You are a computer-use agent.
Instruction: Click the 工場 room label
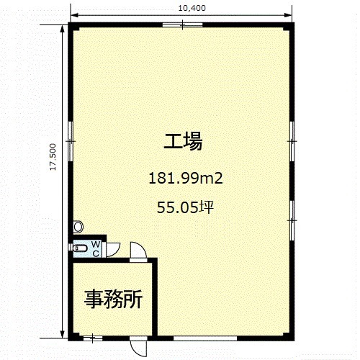point(183,141)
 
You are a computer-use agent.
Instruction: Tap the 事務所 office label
point(114,299)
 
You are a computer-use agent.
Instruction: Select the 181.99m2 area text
point(186,179)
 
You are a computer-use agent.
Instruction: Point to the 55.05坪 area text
point(185,207)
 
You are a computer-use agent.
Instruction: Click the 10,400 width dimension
point(192,8)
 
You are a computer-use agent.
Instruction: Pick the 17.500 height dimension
point(53,157)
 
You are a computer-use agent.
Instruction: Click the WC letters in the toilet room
point(96,249)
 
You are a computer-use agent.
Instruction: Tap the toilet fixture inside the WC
point(80,248)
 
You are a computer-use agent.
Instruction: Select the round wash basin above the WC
point(78,227)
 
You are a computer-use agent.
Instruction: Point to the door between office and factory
point(138,252)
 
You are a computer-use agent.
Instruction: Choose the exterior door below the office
point(138,346)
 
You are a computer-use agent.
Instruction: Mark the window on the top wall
point(182,24)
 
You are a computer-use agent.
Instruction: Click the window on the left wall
point(71,141)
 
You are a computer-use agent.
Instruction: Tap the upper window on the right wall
point(292,141)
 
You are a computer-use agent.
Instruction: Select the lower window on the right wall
point(292,220)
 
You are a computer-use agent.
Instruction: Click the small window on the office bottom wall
point(93,338)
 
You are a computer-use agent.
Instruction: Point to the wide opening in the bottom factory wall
point(205,338)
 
